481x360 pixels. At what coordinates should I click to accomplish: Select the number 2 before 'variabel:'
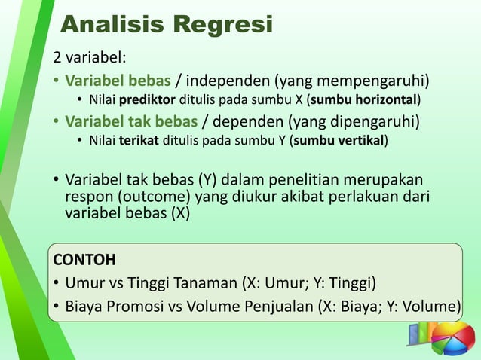(x=56, y=59)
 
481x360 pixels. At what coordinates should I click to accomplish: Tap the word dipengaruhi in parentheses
(x=369, y=121)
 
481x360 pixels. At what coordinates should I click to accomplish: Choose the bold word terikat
(x=135, y=140)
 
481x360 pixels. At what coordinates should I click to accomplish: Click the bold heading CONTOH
(x=84, y=261)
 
